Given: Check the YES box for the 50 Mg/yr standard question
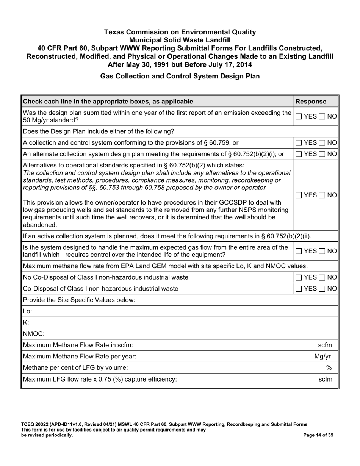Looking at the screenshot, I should [299, 117].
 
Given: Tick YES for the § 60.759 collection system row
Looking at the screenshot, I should [299, 143].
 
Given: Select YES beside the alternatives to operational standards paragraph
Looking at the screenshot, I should [299, 195].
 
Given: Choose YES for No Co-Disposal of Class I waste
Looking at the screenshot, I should [299, 277].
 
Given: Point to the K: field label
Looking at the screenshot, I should [26, 322].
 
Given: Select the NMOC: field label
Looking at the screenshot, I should [34, 334].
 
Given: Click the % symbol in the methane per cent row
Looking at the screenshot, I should [329, 368].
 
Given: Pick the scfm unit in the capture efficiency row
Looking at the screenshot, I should [325, 379].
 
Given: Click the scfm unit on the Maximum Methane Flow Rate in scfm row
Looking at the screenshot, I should [325, 345].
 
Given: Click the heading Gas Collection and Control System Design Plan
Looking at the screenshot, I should [180, 76].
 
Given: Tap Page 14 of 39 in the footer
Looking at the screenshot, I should [318, 435].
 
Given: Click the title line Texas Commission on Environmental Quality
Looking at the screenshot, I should [180, 32].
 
